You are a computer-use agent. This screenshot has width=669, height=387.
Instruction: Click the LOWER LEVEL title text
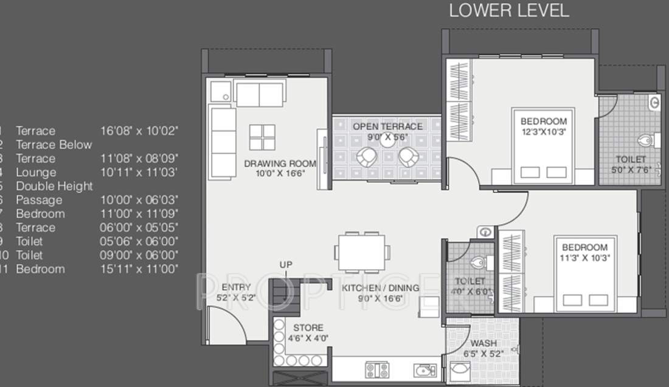(508, 10)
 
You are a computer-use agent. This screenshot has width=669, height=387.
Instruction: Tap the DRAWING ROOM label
(280, 163)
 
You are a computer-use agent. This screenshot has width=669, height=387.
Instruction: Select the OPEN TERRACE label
(387, 126)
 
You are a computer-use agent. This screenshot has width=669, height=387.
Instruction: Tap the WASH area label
(484, 343)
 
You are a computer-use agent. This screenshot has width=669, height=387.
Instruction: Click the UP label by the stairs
(286, 265)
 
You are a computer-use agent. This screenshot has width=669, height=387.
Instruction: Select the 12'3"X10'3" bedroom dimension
(544, 132)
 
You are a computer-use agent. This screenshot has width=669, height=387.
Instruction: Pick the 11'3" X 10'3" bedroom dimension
(584, 258)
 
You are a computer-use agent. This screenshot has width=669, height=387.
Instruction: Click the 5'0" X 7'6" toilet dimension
(631, 170)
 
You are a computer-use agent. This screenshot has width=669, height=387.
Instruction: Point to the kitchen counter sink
(424, 369)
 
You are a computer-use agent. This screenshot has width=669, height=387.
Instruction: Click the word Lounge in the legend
(36, 173)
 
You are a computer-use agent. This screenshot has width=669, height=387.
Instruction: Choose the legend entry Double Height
(54, 187)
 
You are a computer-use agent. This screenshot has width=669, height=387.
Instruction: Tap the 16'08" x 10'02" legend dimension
(139, 131)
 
